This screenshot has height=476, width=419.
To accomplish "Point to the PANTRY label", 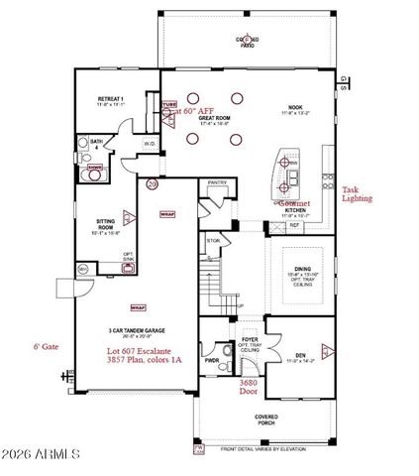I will [x=215, y=182].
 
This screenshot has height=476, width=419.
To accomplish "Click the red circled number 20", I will [x=152, y=183].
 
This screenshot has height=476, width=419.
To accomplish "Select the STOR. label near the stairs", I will [x=213, y=240].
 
